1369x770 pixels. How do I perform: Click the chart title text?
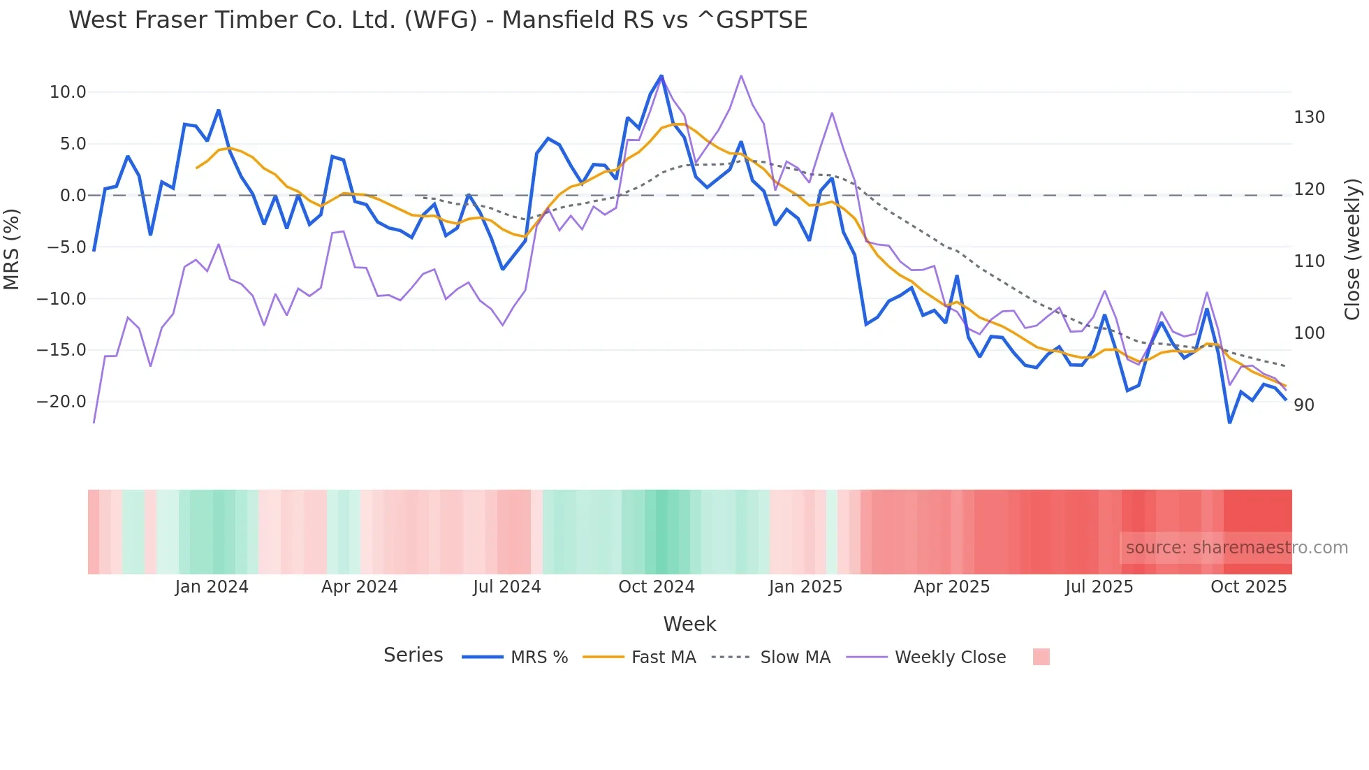(x=438, y=20)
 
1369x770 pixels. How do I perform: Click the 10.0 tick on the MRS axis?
(x=67, y=92)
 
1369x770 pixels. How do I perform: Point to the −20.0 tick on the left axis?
(x=61, y=402)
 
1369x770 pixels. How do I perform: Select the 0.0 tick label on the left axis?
(x=73, y=196)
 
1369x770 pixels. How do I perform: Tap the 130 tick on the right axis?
(x=1309, y=117)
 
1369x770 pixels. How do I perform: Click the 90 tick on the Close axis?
(x=1303, y=405)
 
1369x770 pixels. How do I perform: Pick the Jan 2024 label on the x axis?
(x=212, y=587)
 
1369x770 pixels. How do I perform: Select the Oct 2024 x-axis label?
(x=656, y=587)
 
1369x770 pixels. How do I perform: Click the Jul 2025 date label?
(x=1099, y=587)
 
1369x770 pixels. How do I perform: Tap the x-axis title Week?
(x=689, y=624)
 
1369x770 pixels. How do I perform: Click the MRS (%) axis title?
(x=12, y=249)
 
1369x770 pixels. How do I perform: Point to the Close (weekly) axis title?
(x=1352, y=249)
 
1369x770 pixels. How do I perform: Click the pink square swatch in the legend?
(x=1041, y=657)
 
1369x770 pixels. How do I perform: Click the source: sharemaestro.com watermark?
(x=1236, y=548)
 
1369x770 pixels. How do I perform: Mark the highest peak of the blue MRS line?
(x=661, y=75)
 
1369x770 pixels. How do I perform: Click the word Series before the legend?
(x=413, y=655)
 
